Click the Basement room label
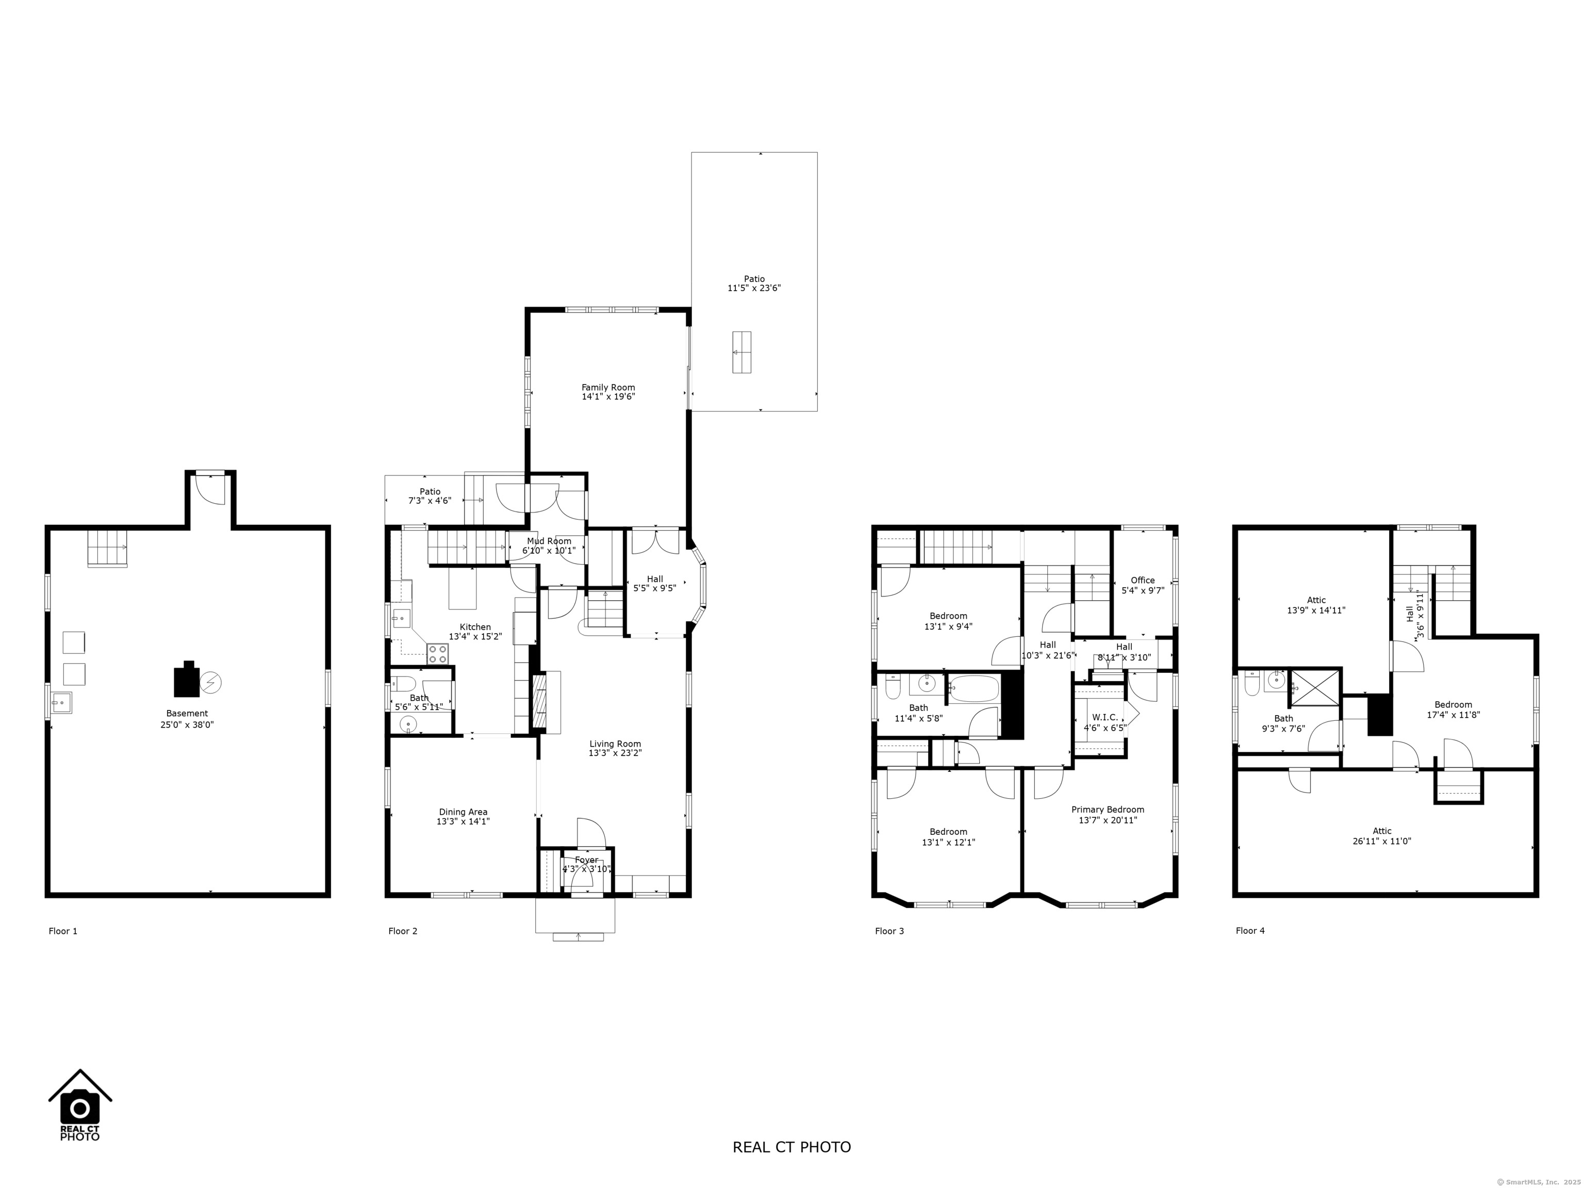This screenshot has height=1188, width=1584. [187, 718]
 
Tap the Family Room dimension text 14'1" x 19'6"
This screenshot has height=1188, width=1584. [608, 396]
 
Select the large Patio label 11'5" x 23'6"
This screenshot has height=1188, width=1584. [753, 284]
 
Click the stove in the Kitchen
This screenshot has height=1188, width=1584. [438, 653]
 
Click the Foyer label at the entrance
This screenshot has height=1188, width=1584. [586, 864]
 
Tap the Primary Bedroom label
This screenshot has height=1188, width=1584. [1107, 815]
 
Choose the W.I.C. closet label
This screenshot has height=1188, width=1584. [1104, 722]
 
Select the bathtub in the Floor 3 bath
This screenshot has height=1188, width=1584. [974, 689]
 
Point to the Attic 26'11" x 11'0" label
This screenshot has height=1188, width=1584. [1381, 836]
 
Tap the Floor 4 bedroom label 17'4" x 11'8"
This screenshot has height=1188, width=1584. [1453, 709]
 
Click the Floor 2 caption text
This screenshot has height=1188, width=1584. [402, 931]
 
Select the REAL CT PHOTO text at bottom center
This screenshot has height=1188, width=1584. [791, 1146]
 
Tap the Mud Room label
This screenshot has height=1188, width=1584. [549, 546]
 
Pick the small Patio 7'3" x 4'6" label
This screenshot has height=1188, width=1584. [430, 496]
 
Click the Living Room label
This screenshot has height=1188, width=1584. [615, 748]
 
